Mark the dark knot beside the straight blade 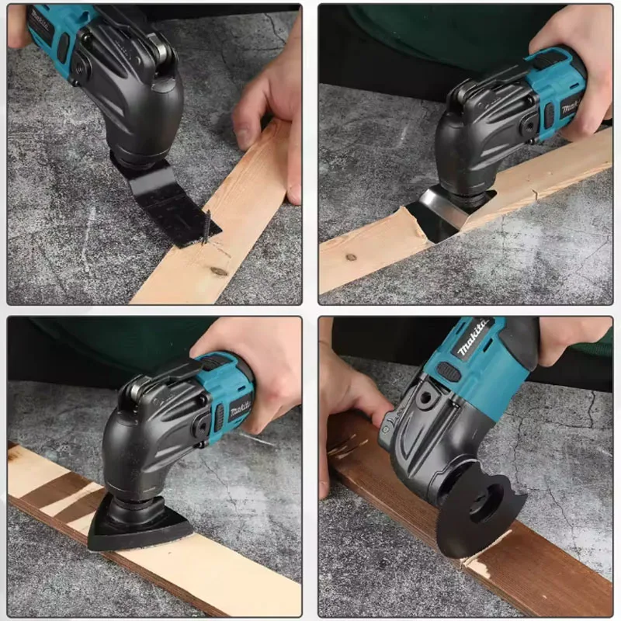[219, 271]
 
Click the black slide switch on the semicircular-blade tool [449, 372]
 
